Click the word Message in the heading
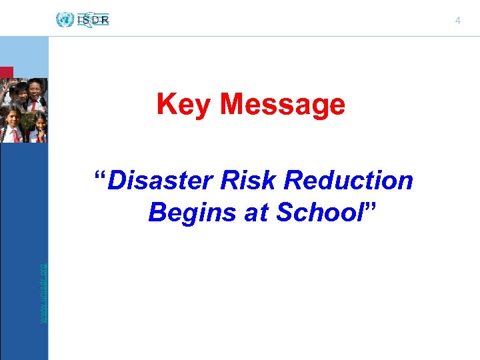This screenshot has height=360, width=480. coord(283,104)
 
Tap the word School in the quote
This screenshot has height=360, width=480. coord(318,213)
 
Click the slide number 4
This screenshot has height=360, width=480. coord(458,21)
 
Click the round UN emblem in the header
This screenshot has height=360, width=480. coord(65,20)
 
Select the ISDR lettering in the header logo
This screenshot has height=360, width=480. coord(93,20)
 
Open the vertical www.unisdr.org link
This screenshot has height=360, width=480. coord(43,293)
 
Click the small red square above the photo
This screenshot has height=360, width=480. coord(6,73)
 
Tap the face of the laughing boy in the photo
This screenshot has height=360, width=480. coord(35,89)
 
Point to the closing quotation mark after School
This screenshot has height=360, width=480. coord(370,208)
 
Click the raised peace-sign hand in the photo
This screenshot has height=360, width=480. coord(5,87)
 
